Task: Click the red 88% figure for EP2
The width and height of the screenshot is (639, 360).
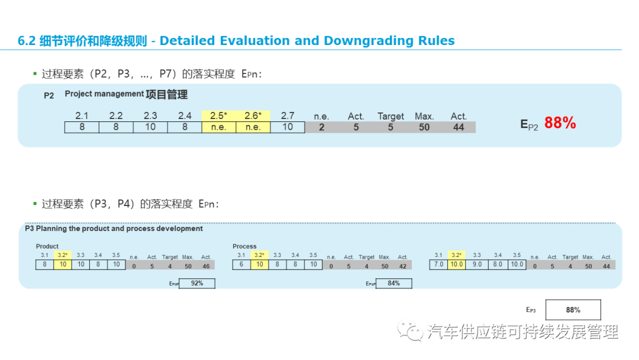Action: pyautogui.click(x=560, y=123)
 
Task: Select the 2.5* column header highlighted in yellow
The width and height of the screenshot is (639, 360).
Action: pyautogui.click(x=218, y=116)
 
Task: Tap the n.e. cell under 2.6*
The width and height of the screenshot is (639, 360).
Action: pyautogui.click(x=253, y=127)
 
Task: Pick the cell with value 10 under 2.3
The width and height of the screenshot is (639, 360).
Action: pyautogui.click(x=150, y=127)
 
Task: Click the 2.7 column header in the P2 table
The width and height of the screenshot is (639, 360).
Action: pyautogui.click(x=288, y=116)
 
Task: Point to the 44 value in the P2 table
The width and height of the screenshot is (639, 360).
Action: pyautogui.click(x=459, y=127)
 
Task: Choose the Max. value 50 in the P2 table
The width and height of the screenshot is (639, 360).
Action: pyautogui.click(x=424, y=127)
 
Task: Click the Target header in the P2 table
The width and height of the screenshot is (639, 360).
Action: pyautogui.click(x=390, y=117)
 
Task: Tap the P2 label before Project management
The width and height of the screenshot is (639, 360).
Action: pyautogui.click(x=49, y=95)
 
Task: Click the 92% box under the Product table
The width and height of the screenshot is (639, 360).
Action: pyautogui.click(x=196, y=284)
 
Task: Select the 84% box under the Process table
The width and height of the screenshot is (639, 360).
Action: pyautogui.click(x=393, y=284)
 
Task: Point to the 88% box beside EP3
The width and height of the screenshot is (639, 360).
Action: pyautogui.click(x=573, y=310)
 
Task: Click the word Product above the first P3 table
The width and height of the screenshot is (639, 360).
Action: pyautogui.click(x=47, y=246)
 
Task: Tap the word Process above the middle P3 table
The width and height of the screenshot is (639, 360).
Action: pyautogui.click(x=244, y=246)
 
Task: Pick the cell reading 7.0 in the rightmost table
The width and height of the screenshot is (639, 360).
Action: pyautogui.click(x=438, y=265)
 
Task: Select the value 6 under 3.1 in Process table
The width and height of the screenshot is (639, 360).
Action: pyautogui.click(x=241, y=265)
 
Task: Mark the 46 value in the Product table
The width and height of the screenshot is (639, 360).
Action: pyautogui.click(x=206, y=266)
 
